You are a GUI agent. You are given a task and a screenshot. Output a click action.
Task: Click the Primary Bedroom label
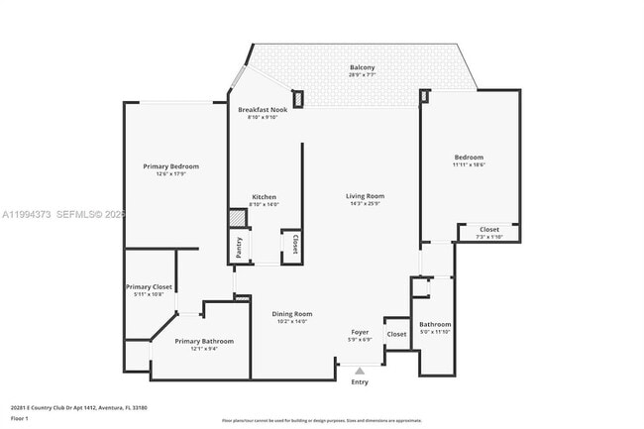(171, 166)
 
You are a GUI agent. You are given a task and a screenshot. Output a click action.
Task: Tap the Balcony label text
(361, 67)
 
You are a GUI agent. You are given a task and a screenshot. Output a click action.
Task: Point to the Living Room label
(365, 196)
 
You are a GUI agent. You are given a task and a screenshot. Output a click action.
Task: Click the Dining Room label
(292, 314)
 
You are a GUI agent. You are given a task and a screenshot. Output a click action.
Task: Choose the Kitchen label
(264, 197)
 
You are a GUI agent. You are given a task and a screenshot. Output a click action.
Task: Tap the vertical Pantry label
(239, 247)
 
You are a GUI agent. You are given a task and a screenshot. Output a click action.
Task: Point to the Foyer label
(361, 332)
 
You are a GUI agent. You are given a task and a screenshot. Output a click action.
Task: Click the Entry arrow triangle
(360, 371)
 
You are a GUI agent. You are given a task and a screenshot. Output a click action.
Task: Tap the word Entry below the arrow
(360, 381)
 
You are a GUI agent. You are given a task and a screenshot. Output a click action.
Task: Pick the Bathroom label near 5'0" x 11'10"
(435, 324)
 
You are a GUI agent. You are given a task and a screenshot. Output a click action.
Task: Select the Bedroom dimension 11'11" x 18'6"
(469, 164)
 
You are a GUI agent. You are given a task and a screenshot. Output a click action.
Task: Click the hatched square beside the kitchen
(238, 219)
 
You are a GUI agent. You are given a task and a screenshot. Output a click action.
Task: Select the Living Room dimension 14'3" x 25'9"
(365, 204)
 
